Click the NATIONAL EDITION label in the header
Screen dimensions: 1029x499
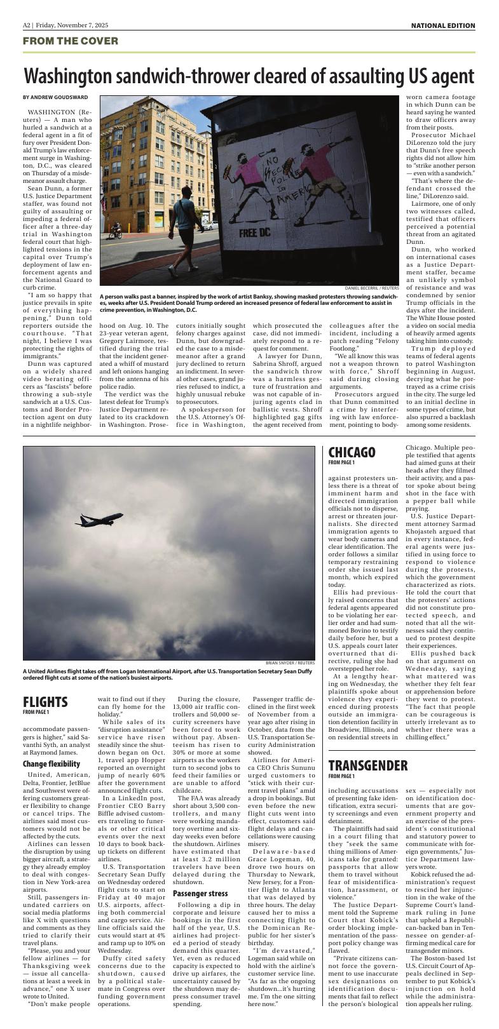point(442,25)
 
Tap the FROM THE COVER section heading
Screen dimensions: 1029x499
point(70,41)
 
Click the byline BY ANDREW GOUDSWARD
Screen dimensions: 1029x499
point(55,97)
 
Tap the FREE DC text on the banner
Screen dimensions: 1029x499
point(254,232)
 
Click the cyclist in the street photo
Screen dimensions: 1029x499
point(115,231)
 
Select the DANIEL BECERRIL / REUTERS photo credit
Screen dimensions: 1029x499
point(372,288)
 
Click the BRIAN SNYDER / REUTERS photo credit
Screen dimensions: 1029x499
point(290,663)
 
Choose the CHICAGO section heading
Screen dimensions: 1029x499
point(352,452)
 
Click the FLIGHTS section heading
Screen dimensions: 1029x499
point(45,701)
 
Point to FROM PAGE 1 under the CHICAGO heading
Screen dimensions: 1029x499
point(342,462)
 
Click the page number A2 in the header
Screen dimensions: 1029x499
point(27,25)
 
